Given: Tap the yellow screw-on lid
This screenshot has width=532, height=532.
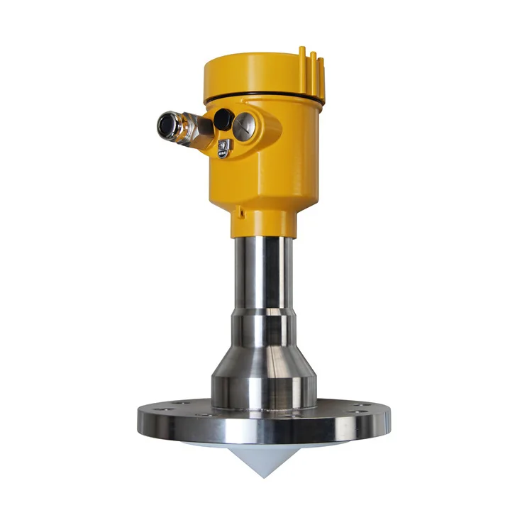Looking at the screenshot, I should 259,74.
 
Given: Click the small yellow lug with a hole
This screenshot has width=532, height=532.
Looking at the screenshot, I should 241,210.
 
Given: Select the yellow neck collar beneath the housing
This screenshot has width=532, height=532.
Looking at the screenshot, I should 262,226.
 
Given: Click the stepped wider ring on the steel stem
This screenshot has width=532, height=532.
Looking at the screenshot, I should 262,330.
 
